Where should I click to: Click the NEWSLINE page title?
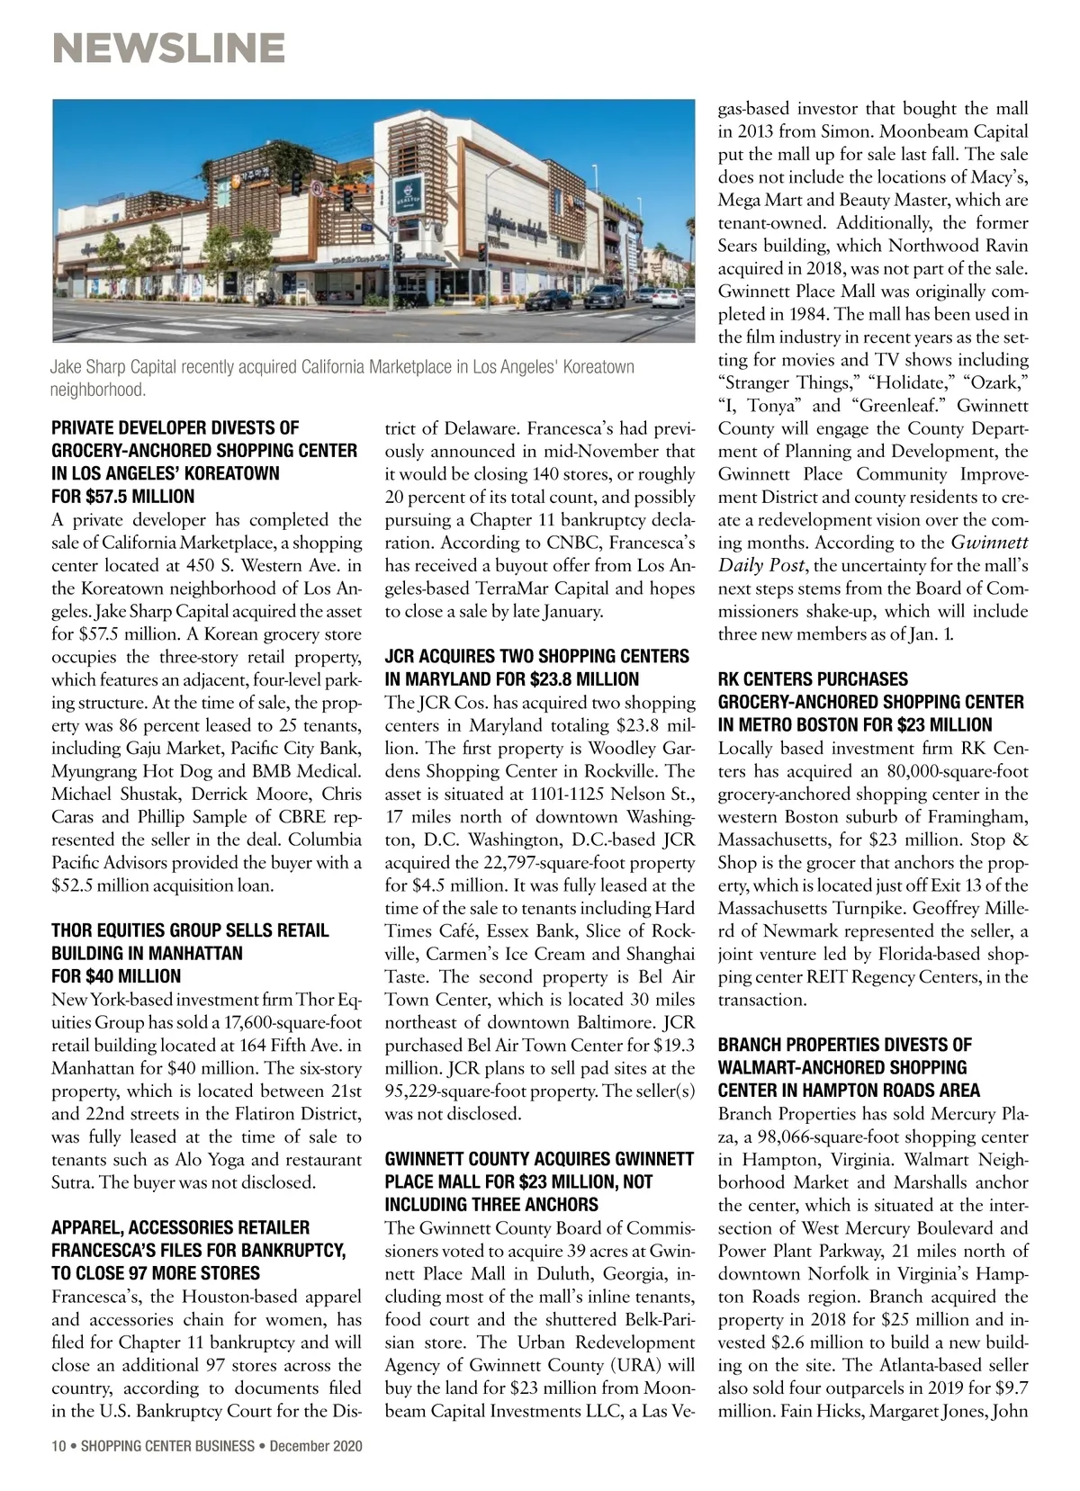(169, 48)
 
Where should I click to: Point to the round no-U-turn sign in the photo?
(317, 189)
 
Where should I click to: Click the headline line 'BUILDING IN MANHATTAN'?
(147, 953)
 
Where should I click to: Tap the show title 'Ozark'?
(994, 382)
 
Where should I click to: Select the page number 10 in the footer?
(58, 1447)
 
